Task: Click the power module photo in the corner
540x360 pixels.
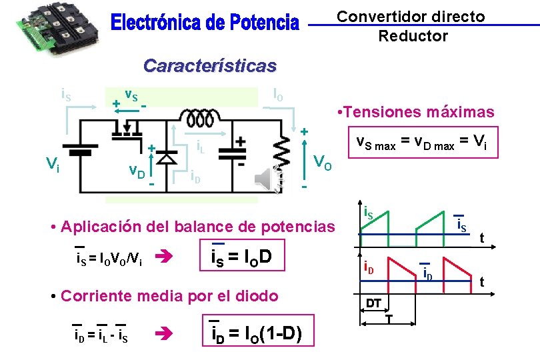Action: click(x=54, y=25)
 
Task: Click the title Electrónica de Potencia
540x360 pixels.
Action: click(x=205, y=23)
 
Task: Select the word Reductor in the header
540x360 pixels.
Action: click(x=413, y=36)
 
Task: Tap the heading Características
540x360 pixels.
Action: click(x=209, y=66)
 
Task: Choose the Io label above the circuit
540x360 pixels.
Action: click(x=277, y=94)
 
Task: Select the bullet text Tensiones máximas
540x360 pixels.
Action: click(x=416, y=112)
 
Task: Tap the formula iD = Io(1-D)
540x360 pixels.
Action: click(x=256, y=332)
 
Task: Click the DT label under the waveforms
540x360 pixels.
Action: click(x=373, y=303)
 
